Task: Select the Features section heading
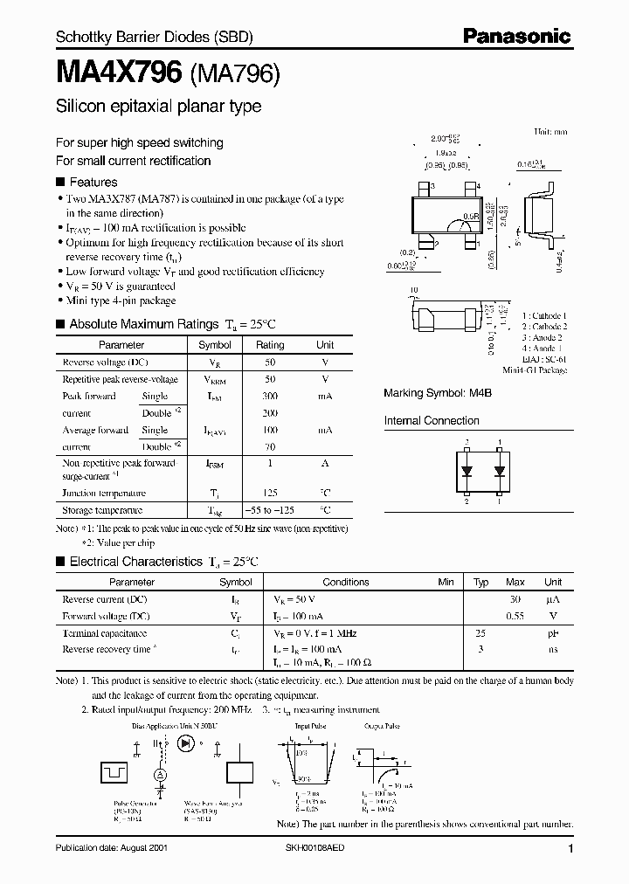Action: point(93,183)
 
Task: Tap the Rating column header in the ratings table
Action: point(270,345)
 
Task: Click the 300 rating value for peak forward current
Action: point(270,396)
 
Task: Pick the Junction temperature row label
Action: point(103,493)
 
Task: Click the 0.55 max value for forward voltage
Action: point(515,616)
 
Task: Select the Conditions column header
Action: point(346,582)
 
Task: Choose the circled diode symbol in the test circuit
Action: point(185,743)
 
